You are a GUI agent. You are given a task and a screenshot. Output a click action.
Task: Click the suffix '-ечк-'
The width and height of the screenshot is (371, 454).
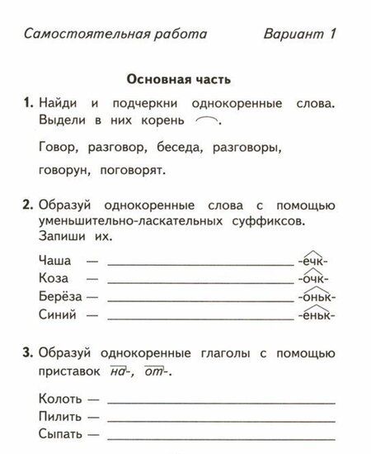[x=315, y=260]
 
